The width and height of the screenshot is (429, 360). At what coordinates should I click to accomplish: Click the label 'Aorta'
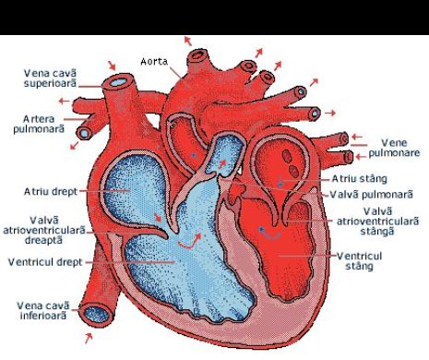(153, 62)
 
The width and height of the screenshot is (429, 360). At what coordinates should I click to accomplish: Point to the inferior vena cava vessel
(97, 295)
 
